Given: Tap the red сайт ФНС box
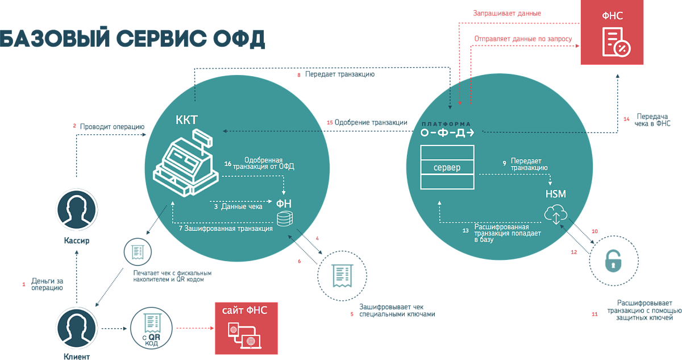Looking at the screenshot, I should [246, 328].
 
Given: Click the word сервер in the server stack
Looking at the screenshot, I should [447, 168].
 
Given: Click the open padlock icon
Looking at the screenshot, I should [612, 261].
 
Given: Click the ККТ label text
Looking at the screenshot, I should [186, 121].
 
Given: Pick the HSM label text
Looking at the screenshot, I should [555, 195].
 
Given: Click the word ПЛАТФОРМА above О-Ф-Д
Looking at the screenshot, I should [447, 123].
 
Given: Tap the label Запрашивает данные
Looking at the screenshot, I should [508, 13].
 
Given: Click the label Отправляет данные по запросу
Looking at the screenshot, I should [523, 39].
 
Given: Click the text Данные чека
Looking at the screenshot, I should [242, 206].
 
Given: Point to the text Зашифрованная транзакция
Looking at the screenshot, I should [228, 227].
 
